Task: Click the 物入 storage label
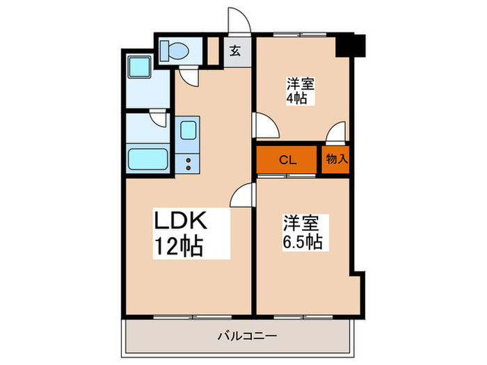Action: pos(337,159)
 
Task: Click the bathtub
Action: pos(149,160)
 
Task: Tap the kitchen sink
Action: pos(187,133)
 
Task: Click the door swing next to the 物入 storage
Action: pos(337,132)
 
